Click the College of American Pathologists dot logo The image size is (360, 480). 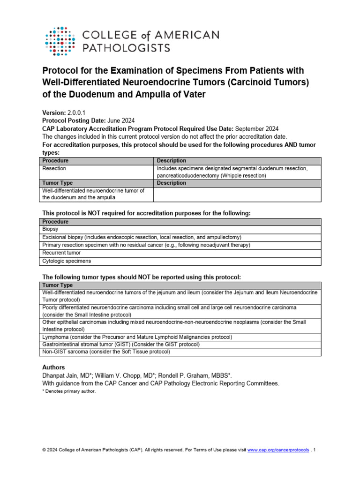click(60, 41)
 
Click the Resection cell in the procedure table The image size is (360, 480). click(54, 168)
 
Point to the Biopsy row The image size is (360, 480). click(51, 229)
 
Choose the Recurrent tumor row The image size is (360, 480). click(61, 253)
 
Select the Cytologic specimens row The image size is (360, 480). click(67, 261)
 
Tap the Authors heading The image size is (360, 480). click(53, 367)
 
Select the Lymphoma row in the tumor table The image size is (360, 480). click(137, 337)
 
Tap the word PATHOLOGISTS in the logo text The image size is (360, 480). click(126, 47)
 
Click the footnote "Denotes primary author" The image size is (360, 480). click(68, 391)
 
